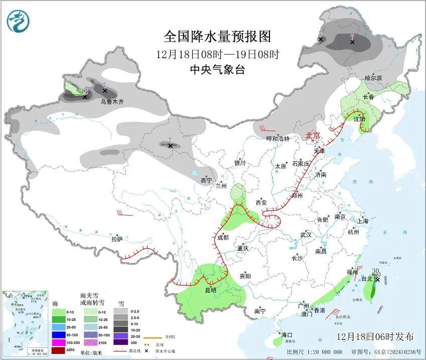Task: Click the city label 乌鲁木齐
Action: click(x=111, y=102)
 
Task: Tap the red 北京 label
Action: click(x=313, y=135)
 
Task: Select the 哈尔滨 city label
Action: click(x=373, y=78)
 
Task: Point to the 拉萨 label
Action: click(x=117, y=239)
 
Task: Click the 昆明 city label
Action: click(x=210, y=290)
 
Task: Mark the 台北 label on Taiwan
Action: click(x=367, y=279)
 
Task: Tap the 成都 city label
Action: click(x=222, y=237)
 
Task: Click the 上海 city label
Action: click(x=363, y=221)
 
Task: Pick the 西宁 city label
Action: click(x=206, y=181)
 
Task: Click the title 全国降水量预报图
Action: click(x=217, y=37)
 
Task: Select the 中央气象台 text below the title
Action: click(x=217, y=70)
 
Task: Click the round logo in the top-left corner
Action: click(x=19, y=21)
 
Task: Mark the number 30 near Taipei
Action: click(x=375, y=271)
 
